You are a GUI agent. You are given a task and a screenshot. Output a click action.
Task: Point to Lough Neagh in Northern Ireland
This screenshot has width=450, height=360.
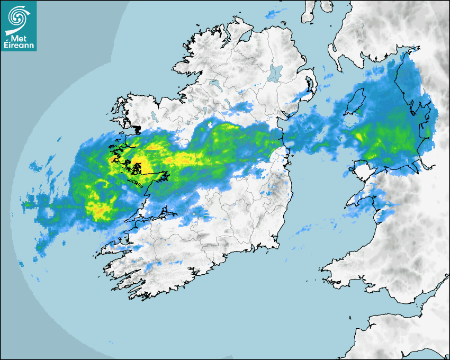[x=275, y=73]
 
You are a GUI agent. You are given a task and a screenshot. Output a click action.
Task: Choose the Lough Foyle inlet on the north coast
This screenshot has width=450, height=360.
[x=245, y=35]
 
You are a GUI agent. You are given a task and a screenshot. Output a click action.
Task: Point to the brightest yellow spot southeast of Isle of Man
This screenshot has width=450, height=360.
[x=359, y=137]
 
